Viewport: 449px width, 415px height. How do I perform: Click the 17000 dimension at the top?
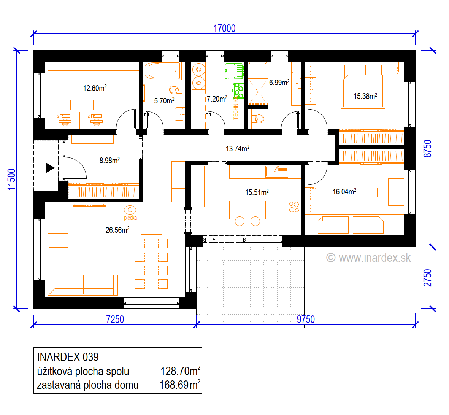(224, 29)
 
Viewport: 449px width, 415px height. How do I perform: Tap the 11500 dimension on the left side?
(11, 179)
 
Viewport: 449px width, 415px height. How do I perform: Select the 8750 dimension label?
(427, 148)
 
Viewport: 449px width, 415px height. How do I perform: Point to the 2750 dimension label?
(427, 278)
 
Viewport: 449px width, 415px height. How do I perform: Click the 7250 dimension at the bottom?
(115, 319)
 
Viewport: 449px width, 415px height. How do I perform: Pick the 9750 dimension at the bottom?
(306, 319)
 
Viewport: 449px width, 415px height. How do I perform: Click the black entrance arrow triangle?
(50, 168)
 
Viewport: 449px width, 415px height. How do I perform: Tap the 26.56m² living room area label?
(117, 230)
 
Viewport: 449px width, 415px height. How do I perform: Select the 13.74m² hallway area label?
(237, 148)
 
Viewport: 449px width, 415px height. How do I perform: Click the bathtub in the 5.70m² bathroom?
(162, 71)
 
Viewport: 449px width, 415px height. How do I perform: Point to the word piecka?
(130, 218)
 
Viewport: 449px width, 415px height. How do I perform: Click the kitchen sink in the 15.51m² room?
(277, 172)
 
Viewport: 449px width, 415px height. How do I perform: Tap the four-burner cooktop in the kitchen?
(294, 207)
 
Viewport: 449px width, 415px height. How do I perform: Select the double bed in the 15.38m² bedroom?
(363, 86)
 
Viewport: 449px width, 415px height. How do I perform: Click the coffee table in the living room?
(92, 249)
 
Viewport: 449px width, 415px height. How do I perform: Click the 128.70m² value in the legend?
(180, 371)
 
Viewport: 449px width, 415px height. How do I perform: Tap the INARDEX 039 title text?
(68, 357)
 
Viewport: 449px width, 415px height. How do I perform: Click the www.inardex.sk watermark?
(369, 258)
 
